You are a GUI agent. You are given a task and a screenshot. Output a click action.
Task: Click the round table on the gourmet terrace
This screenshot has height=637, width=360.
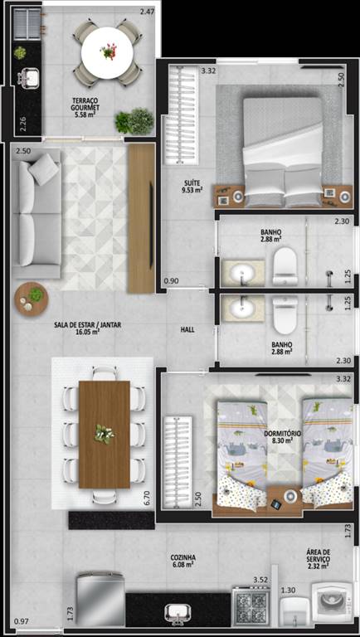(107, 52)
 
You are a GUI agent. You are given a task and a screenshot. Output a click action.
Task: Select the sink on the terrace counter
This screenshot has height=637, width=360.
(28, 77)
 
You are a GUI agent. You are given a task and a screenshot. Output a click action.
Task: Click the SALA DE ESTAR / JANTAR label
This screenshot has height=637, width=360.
(88, 328)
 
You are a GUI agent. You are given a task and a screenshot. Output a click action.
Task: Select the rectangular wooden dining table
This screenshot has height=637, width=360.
(105, 435)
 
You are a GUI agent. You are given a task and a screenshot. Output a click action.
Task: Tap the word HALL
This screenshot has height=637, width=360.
(187, 330)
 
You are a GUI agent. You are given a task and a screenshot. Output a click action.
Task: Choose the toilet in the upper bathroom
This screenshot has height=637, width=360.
(285, 266)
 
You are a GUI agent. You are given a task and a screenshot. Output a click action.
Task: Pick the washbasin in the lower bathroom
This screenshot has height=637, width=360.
(242, 308)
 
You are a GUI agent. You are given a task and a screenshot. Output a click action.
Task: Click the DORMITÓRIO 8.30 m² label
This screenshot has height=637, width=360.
(282, 437)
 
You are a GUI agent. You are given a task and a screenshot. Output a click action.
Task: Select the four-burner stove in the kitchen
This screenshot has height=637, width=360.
(250, 606)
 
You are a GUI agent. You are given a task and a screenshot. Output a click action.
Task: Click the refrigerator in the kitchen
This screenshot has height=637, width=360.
(100, 599)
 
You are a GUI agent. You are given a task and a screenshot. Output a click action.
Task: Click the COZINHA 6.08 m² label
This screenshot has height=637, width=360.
(182, 561)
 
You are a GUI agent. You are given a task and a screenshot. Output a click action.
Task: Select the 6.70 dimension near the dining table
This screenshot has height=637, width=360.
(147, 498)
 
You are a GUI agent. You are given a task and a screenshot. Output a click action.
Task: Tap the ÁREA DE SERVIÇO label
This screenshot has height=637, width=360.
(319, 556)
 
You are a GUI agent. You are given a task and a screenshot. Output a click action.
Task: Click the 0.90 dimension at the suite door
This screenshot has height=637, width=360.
(170, 280)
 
